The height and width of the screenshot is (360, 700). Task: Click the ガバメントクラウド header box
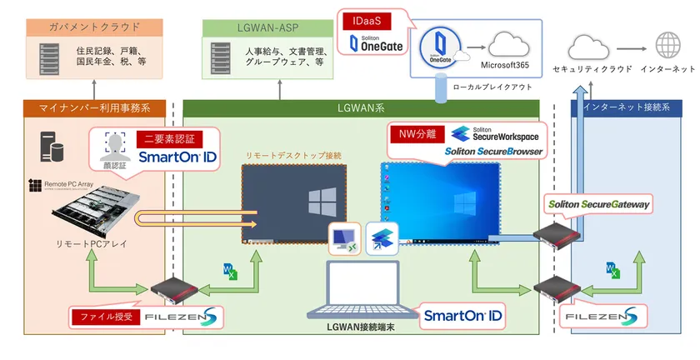tap(93, 27)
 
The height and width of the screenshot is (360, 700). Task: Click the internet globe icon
tap(667, 45)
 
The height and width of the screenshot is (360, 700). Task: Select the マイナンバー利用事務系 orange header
tap(93, 107)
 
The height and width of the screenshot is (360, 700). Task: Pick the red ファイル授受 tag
tap(106, 317)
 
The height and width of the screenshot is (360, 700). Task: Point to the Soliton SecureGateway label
tap(598, 204)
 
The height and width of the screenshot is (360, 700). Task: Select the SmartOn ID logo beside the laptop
tap(462, 315)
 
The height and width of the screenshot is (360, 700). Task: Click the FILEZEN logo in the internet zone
tap(602, 317)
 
